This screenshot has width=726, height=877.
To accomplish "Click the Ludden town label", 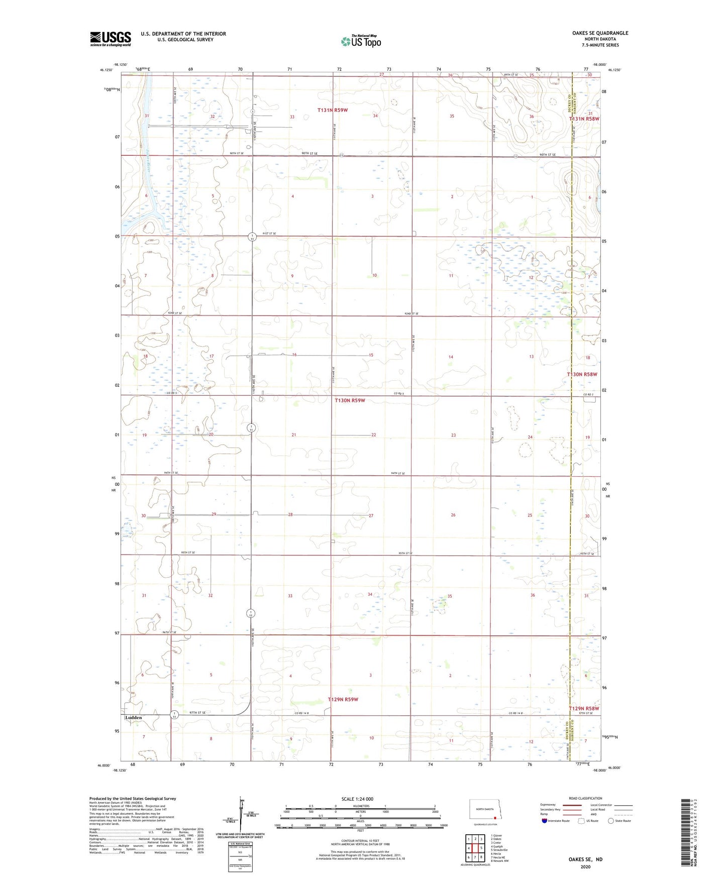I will (134, 717).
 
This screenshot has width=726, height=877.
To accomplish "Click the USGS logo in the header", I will (111, 39).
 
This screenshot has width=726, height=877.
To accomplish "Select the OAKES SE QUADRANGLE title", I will (600, 33).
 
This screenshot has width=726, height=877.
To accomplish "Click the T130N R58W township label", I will (582, 374).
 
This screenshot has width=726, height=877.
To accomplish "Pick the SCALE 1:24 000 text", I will (357, 799).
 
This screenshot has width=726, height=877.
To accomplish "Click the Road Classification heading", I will (585, 798).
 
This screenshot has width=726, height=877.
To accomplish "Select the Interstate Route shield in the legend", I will (545, 821).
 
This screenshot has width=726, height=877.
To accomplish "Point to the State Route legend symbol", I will (611, 821).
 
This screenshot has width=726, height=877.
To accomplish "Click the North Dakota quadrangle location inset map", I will (485, 811).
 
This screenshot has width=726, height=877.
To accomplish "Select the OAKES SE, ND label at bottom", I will (585, 859).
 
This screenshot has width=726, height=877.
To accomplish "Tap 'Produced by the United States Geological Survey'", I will (133, 798).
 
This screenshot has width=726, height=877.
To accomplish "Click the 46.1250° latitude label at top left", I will (106, 70).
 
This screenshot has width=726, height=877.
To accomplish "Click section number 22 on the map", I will (373, 435).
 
